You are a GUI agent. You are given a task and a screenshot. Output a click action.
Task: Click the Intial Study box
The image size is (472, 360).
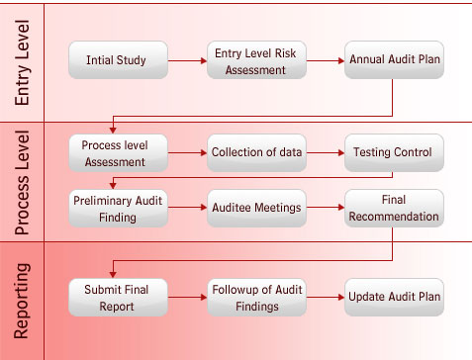pos(117,60)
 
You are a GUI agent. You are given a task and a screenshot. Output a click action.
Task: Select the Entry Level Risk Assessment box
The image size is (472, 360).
pos(255,60)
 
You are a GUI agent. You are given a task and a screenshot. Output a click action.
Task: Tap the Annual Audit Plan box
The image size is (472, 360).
pos(394,60)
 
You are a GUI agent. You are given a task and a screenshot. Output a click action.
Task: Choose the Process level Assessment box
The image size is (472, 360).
pos(117,152)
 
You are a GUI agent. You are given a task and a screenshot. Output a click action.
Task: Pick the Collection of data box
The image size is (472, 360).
pos(255,152)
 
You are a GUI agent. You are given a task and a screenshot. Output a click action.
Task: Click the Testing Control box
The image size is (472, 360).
pos(394,152)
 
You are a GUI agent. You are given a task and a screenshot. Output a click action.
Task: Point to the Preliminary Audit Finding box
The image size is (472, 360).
pos(117,208)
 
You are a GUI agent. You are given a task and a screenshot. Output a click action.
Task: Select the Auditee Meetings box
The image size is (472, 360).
pos(255,208)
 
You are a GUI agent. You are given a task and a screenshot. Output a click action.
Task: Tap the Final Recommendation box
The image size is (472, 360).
pos(394,208)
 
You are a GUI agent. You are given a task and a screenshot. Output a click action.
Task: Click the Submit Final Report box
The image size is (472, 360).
pos(117,298)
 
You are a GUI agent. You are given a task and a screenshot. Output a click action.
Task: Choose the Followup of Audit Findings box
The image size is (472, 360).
pos(255,298)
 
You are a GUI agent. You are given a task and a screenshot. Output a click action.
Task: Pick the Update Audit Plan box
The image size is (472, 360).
pos(394,298)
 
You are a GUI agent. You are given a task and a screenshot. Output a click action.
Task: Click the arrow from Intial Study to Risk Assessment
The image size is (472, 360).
pos(186,61)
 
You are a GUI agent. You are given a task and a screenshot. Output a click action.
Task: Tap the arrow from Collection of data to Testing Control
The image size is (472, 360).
pos(325,153)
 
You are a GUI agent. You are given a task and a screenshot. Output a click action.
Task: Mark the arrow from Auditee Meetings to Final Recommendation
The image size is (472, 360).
pos(325,209)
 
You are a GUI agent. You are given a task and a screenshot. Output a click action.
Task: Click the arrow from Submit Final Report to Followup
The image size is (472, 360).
pos(186,298)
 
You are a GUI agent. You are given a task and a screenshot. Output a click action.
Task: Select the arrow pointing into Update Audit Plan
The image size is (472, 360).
pos(325,298)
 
